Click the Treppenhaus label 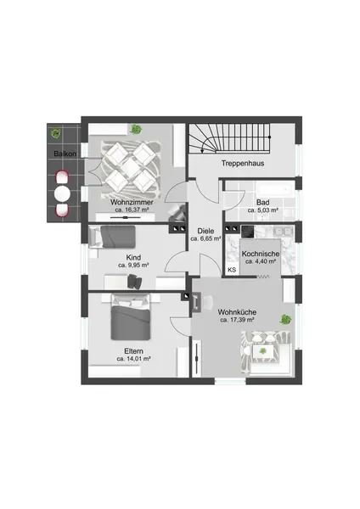point(243,163)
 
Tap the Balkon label point(65,154)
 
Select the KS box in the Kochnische point(232,270)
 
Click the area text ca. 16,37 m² point(132,210)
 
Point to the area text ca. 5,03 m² point(263,210)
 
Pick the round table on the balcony point(62,194)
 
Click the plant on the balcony point(56,133)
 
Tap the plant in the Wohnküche point(285,320)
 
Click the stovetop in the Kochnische point(247,231)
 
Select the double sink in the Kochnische point(283,232)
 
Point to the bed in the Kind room point(112,237)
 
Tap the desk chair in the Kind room point(135,281)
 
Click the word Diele point(205,231)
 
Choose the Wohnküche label point(237,312)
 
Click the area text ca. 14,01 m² point(133,359)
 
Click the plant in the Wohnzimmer point(136,130)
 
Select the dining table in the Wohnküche point(262,351)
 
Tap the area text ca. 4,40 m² point(261,261)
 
